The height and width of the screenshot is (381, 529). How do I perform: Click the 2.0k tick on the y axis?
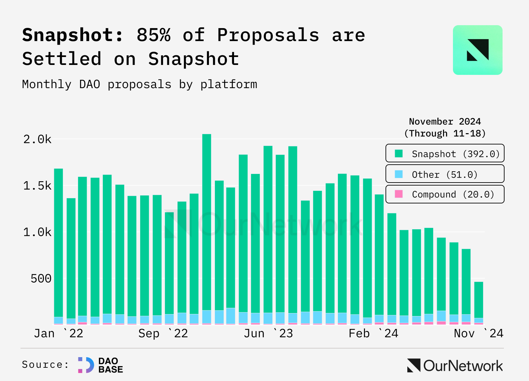37,139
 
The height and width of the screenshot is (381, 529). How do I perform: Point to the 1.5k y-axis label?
37,186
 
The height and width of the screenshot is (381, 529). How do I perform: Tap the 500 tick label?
41,279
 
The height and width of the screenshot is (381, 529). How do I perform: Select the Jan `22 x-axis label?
59,333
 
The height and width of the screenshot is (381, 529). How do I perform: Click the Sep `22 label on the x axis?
163,333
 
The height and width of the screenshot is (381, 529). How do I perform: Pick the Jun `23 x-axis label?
268,333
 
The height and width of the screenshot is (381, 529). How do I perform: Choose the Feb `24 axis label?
373,333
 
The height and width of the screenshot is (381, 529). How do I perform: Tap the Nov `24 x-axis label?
478,333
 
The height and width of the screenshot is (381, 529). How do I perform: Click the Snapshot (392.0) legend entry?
445,153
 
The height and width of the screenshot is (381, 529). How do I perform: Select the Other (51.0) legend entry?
445,174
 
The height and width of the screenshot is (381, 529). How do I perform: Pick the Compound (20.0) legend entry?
445,194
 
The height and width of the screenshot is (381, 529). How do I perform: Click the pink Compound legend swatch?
399,194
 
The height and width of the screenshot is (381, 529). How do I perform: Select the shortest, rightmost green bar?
479,300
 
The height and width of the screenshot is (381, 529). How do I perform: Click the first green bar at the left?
59,242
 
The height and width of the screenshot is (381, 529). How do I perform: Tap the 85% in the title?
154,35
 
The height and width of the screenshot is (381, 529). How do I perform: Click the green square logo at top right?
477,50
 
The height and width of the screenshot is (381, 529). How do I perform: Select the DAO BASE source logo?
101,365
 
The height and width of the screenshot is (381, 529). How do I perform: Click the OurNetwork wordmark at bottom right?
455,366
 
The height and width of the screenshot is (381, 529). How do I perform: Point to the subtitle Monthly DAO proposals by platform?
140,84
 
